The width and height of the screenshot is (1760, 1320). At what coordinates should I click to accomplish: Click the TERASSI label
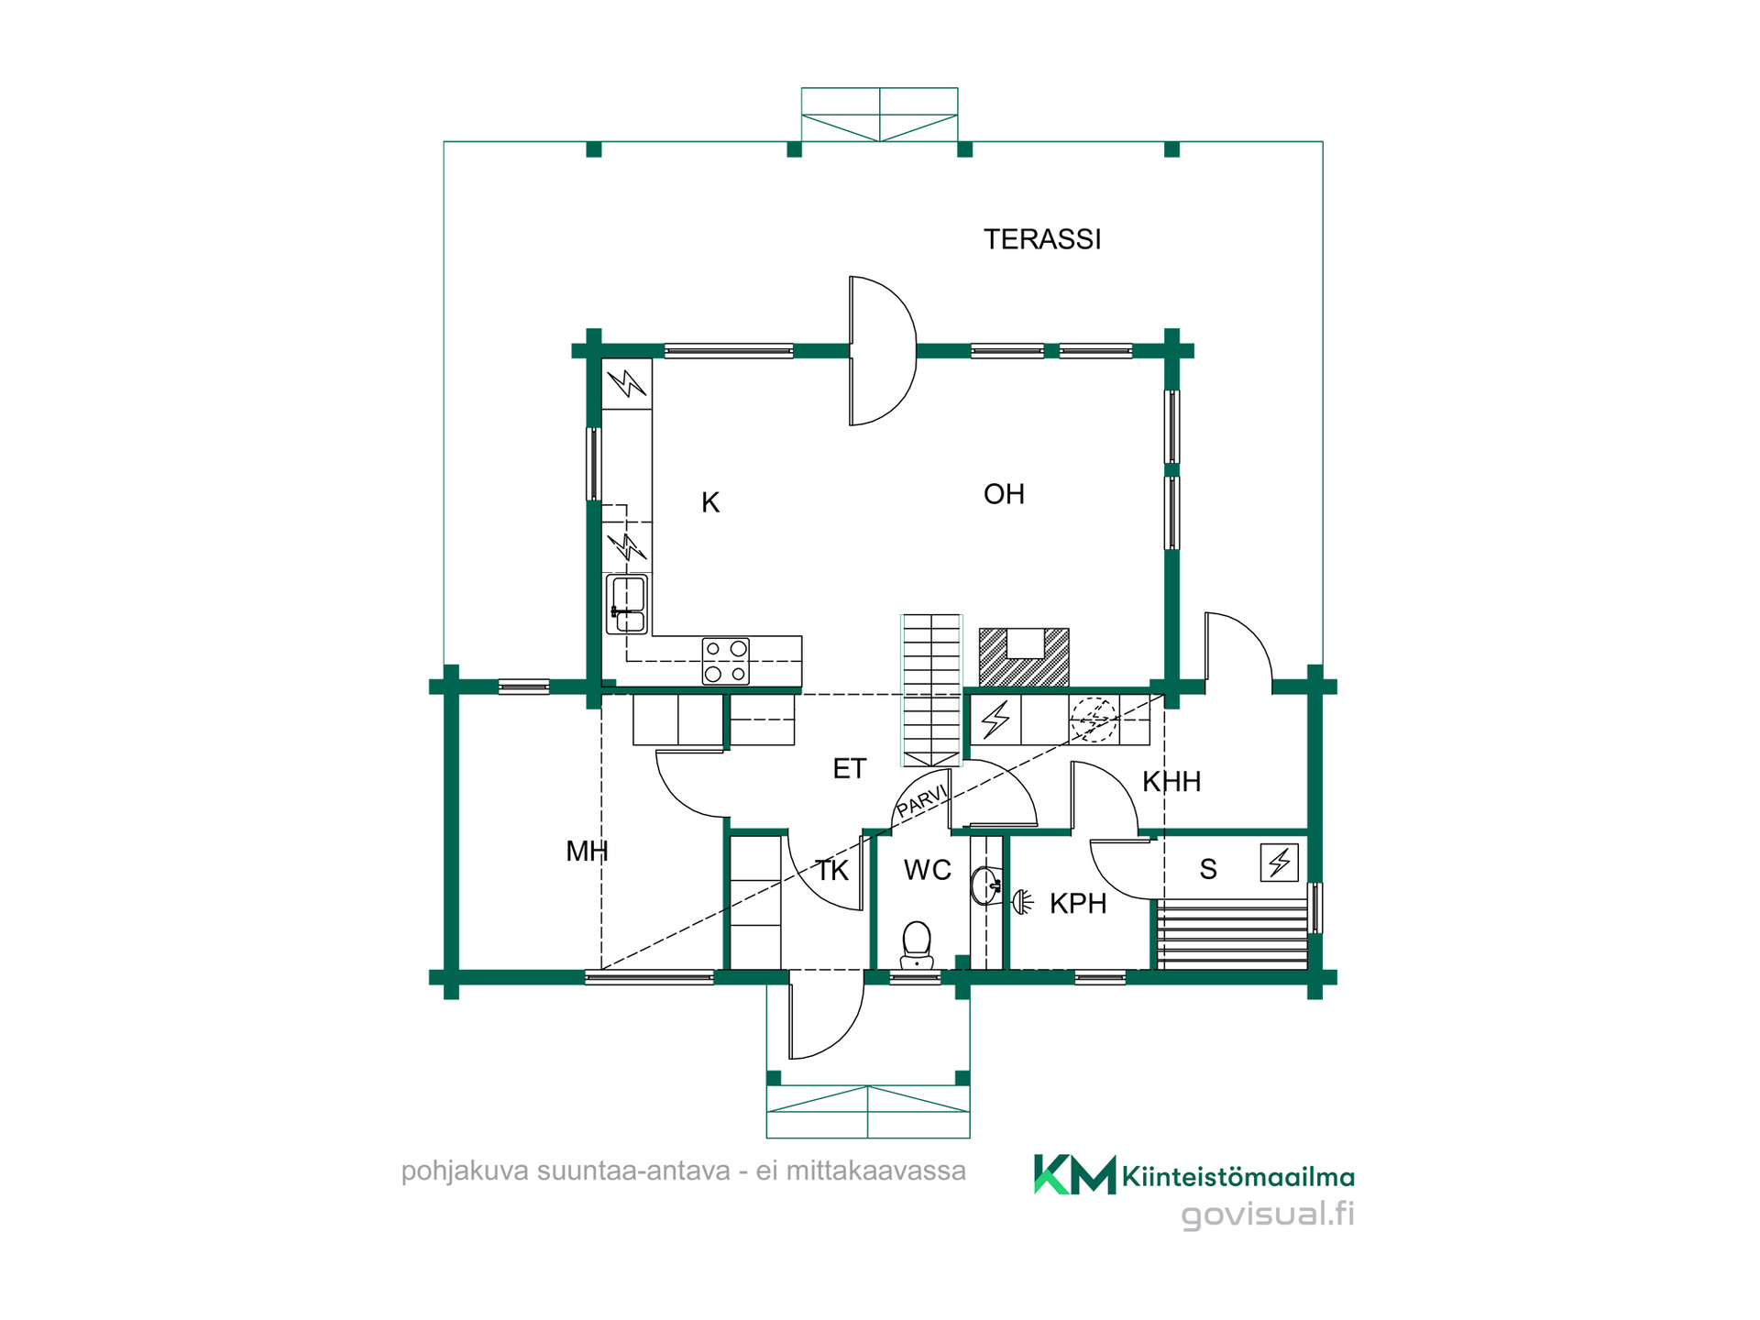point(1042,239)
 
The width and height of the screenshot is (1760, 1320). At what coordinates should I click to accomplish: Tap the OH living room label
point(1004,494)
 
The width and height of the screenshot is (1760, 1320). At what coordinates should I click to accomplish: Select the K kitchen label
point(710,502)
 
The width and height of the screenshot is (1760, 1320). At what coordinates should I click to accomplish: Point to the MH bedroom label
point(587,852)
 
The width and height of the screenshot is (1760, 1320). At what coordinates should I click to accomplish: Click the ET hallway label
point(849,769)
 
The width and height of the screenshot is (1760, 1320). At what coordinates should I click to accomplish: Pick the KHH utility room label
point(1171,782)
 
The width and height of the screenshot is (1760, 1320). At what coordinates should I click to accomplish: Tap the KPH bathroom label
point(1078,904)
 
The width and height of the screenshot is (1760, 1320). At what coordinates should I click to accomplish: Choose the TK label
point(832,871)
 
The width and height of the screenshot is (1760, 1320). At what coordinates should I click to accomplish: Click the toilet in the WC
point(917,945)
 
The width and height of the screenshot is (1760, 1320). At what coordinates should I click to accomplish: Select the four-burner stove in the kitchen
point(725,662)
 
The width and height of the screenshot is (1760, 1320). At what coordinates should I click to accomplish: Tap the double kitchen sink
point(627,604)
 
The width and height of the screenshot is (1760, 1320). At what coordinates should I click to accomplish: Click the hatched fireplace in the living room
point(1024,657)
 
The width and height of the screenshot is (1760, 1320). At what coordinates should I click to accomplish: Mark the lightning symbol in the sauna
point(1279,863)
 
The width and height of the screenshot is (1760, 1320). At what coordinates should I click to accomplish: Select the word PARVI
point(921,800)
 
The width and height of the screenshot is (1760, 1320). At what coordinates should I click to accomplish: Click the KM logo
point(1074,1174)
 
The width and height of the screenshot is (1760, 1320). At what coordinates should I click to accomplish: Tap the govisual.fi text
point(1268,1214)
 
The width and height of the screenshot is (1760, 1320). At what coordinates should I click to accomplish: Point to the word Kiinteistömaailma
point(1238,1177)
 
